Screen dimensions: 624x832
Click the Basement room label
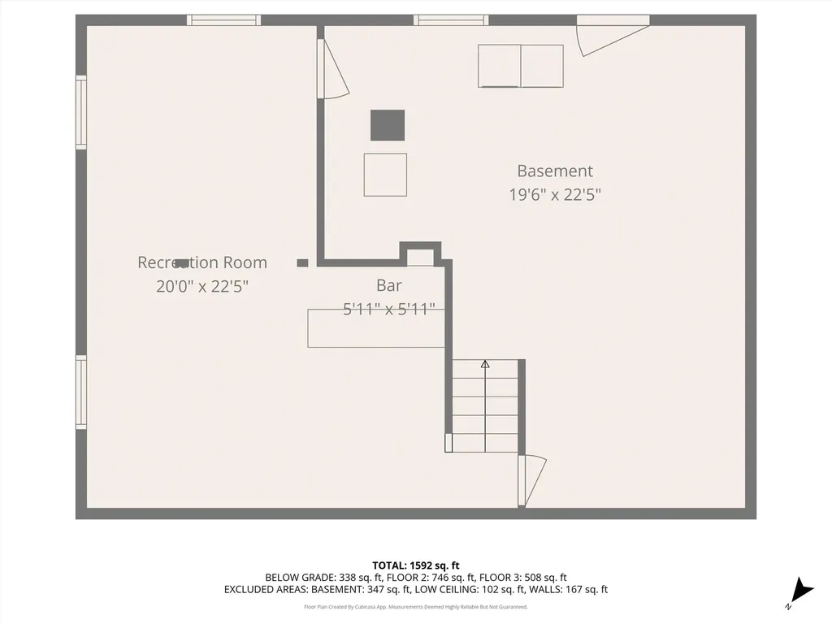[x=555, y=171]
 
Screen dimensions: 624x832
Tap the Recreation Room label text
[x=201, y=262]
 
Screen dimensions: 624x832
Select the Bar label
[x=388, y=285]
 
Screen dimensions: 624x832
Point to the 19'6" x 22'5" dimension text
[x=555, y=195]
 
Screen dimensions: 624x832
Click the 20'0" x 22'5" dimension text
[x=201, y=286]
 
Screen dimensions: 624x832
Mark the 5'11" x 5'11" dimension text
[x=388, y=309]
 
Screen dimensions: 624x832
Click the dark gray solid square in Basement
[x=388, y=125]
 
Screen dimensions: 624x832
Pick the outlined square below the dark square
[x=385, y=174]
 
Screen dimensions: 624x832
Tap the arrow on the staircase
[x=485, y=365]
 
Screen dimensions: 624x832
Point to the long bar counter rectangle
[x=376, y=328]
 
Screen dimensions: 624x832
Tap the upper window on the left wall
[x=81, y=112]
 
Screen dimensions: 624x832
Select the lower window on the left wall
[x=81, y=392]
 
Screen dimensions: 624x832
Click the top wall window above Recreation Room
[x=223, y=20]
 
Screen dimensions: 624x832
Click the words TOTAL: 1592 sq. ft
[x=416, y=565]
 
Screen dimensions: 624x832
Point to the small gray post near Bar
[x=302, y=262]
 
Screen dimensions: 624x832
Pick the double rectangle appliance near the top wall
[x=520, y=66]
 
